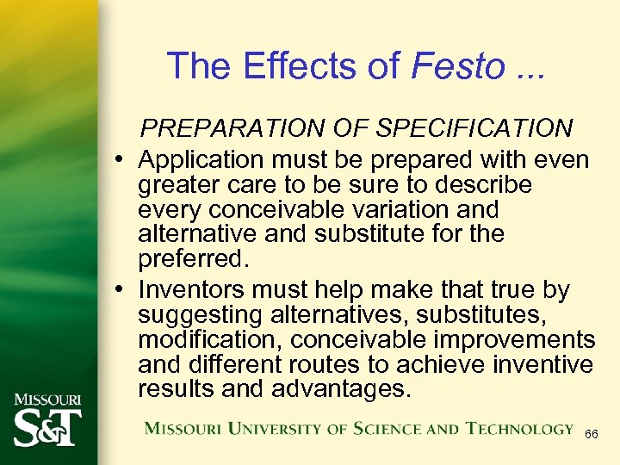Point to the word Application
203,160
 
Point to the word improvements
518,340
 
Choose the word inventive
542,364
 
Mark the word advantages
342,389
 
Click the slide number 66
592,435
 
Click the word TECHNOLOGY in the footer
520,429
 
